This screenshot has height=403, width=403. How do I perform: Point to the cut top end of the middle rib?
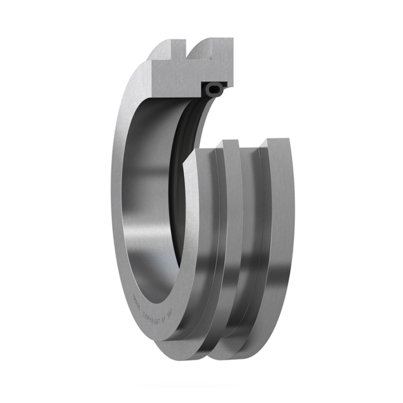(x=230, y=143)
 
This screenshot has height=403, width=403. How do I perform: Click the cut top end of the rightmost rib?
(x=275, y=142)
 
